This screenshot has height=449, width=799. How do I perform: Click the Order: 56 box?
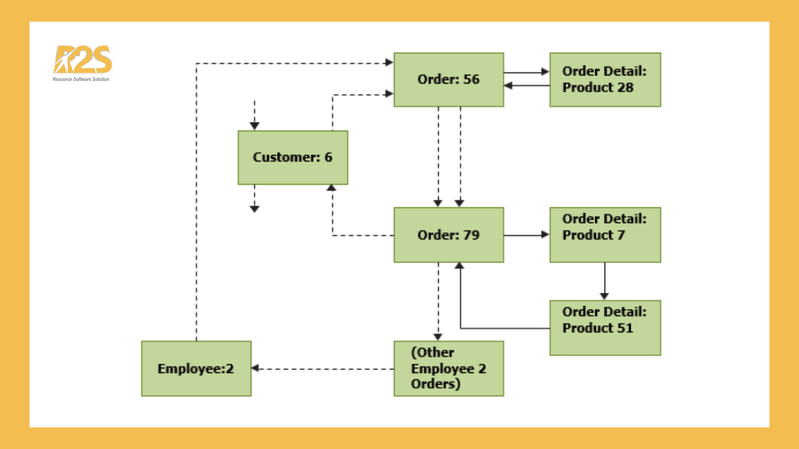(x=449, y=79)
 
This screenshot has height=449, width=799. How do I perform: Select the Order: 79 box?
(x=449, y=235)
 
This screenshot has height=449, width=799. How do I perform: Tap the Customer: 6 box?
(x=293, y=158)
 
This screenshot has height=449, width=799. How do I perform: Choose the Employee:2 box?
(x=196, y=369)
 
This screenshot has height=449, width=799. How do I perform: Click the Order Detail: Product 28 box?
(x=605, y=79)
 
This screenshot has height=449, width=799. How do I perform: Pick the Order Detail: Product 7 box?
(x=605, y=235)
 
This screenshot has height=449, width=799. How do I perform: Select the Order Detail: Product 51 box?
(x=605, y=328)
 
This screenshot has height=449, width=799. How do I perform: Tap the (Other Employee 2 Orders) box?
(x=449, y=369)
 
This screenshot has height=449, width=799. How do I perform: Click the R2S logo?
(x=83, y=59)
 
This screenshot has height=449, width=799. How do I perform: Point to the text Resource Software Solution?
(x=81, y=79)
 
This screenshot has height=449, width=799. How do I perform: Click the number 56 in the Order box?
(x=471, y=79)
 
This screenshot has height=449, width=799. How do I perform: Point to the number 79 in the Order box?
(x=471, y=235)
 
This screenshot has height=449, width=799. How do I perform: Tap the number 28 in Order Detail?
(x=625, y=88)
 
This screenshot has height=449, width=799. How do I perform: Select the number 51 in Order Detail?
(x=625, y=328)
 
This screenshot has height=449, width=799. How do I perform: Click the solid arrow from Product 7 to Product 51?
(x=605, y=281)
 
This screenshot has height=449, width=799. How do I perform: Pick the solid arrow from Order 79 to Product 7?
(x=526, y=235)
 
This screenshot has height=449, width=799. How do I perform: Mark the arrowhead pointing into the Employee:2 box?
(x=255, y=368)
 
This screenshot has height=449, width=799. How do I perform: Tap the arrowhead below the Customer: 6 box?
(x=255, y=209)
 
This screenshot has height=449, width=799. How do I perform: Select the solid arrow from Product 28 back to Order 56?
(x=526, y=86)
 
